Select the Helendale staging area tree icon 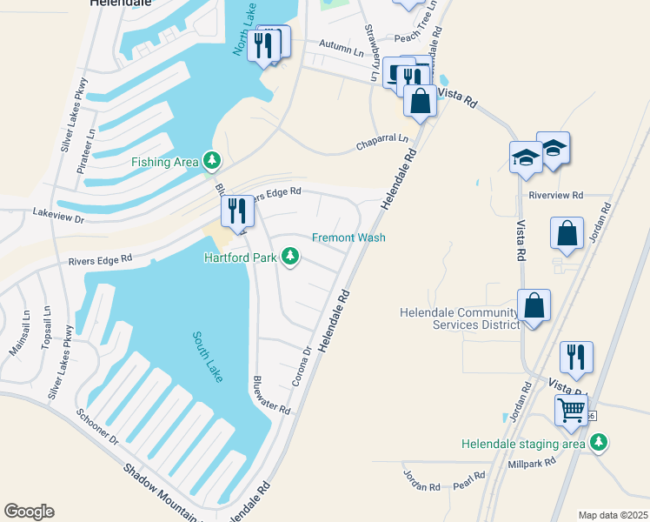click(598, 443)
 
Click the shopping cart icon click(572, 409)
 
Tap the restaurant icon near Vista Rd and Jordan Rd click(576, 356)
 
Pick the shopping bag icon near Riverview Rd click(567, 233)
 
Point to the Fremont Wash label click(348, 238)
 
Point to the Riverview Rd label click(555, 196)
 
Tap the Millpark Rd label click(531, 463)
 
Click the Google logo click(30, 511)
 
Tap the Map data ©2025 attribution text click(612, 515)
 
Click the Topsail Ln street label click(46, 326)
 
